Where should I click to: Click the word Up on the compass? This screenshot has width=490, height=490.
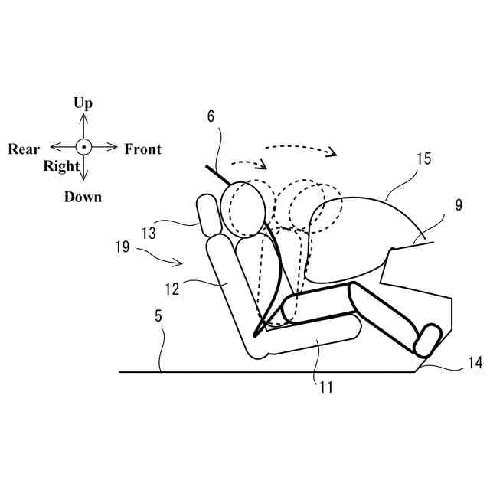pos(83,103)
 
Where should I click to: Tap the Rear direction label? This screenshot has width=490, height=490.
pos(24,149)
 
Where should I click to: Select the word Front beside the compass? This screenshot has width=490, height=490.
pos(143,149)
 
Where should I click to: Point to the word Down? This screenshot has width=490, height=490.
pos(83,197)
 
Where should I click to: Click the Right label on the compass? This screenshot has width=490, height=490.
pos(61,166)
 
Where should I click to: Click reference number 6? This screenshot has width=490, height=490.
pos(211,116)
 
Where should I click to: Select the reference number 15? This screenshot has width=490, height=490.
pos(423,159)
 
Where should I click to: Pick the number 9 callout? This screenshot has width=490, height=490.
pos(458,205)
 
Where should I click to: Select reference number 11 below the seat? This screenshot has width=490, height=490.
pos(325,387)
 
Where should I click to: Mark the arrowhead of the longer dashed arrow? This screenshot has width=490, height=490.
pos(332,152)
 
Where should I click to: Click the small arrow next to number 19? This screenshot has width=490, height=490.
pos(174,262)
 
